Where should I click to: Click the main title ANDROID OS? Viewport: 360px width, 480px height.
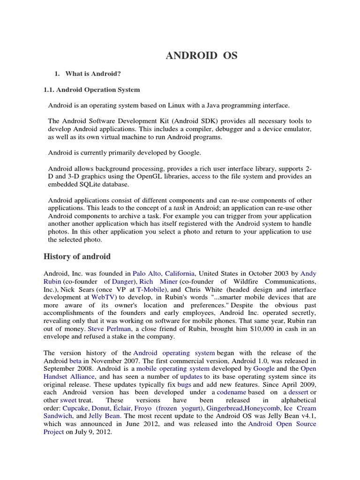(202, 56)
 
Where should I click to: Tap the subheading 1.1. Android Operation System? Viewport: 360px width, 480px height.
(91, 89)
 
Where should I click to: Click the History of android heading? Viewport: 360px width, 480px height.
(77, 256)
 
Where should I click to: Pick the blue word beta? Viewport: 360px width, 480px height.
(75, 361)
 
